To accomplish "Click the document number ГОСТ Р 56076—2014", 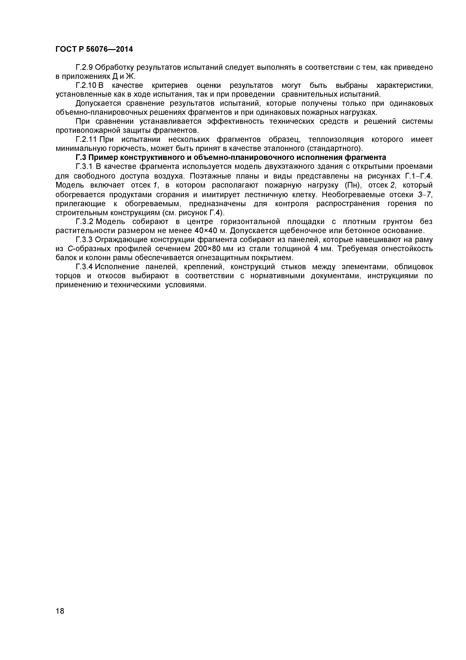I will pos(94,49).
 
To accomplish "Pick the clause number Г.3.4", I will pos(84,267).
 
